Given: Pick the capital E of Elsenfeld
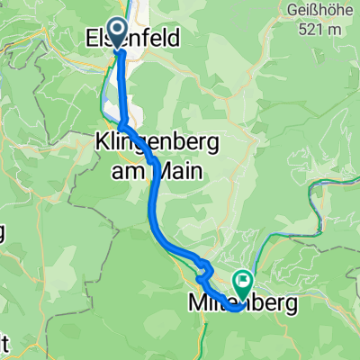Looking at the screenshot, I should point(93,39).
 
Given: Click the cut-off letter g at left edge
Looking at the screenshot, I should point(3,236).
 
